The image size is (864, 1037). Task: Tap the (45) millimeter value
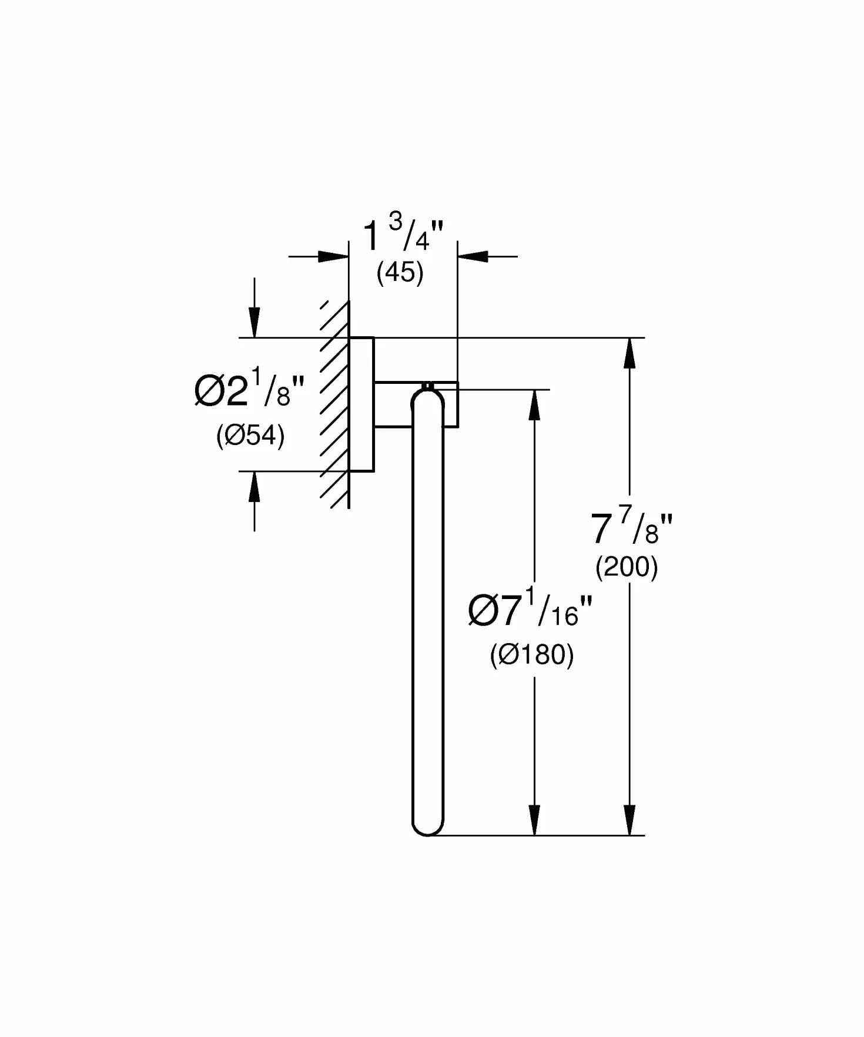400,273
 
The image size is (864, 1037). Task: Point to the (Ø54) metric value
250,436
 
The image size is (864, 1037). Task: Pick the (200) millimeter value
627,567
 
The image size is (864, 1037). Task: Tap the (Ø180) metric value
532,655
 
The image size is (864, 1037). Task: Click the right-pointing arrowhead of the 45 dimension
333,256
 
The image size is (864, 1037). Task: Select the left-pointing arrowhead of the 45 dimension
473,256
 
